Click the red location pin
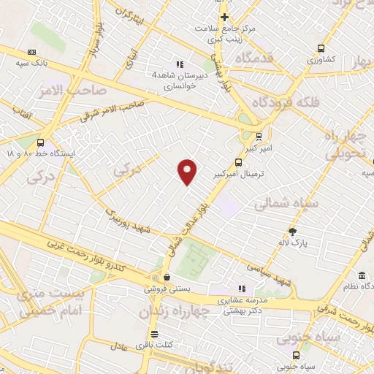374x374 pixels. [x=188, y=171]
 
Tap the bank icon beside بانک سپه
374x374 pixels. [x=31, y=52]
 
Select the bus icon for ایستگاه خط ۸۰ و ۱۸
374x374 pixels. [x=40, y=143]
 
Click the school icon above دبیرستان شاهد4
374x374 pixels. [x=180, y=64]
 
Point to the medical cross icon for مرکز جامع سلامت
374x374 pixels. [x=224, y=18]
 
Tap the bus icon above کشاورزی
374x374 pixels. [x=321, y=48]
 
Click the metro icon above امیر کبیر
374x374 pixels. [x=260, y=136]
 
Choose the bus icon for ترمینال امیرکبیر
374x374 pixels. [x=238, y=163]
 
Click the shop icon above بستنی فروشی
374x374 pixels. [x=167, y=278]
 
